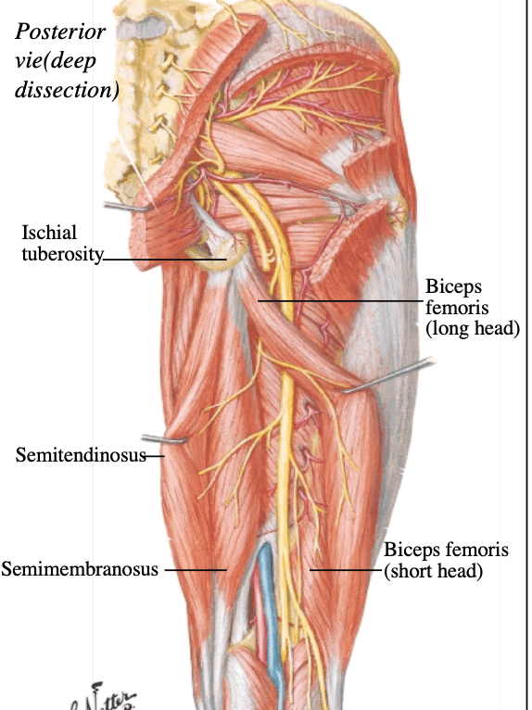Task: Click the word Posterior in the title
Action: tap(60, 32)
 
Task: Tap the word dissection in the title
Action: tap(67, 89)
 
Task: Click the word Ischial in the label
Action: tap(49, 233)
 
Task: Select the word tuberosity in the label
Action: tap(62, 255)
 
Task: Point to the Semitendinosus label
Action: tap(81, 455)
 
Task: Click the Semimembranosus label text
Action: tap(80, 569)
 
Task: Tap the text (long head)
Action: tap(473, 328)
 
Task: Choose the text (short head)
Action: tap(434, 571)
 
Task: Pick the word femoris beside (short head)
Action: tap(478, 550)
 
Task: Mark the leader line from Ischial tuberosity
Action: tap(165, 260)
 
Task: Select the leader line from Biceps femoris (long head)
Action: tap(341, 300)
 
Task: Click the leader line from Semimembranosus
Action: tap(196, 570)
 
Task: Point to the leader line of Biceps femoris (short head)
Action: tap(347, 570)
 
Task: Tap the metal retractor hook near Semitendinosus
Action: tap(164, 438)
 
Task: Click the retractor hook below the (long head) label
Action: tap(389, 374)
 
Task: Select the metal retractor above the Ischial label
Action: tap(127, 208)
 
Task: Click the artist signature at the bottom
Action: tap(103, 697)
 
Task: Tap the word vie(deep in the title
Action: tap(56, 61)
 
